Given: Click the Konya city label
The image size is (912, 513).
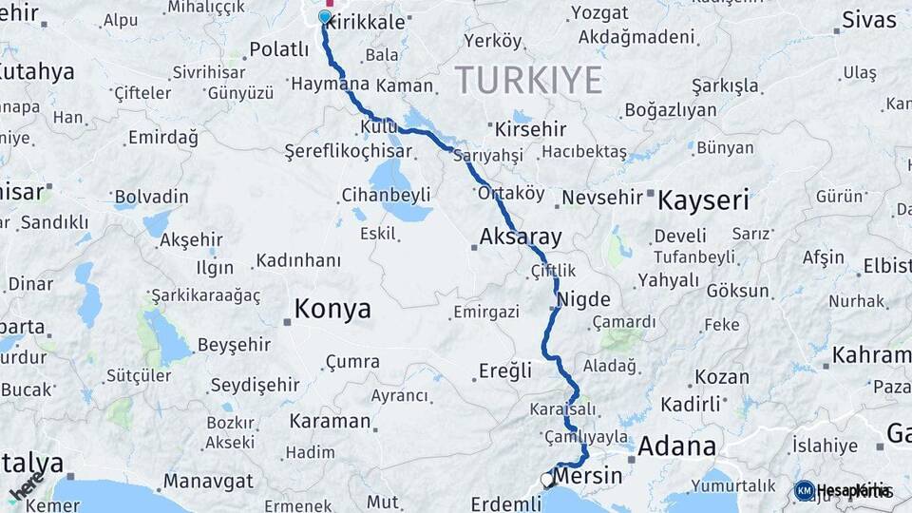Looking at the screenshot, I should tap(332, 309).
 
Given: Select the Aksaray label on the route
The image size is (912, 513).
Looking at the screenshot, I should tap(521, 237).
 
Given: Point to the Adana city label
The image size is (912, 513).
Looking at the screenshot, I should tap(677, 446).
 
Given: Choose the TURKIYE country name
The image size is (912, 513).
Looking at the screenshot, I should tap(528, 80).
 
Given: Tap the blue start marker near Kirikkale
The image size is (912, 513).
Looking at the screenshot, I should tap(326, 17).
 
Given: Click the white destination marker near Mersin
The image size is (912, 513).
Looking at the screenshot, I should tap(548, 480).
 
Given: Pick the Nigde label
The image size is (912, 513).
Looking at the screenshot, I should tap(585, 299).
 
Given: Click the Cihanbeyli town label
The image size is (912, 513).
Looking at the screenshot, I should tap(385, 195).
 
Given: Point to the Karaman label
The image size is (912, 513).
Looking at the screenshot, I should tap(329, 420).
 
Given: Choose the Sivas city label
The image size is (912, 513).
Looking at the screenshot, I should tap(868, 20).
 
